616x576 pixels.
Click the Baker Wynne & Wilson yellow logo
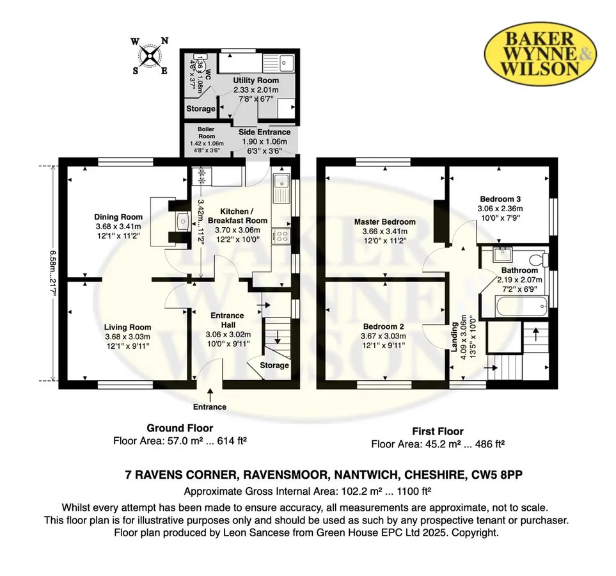(x=540, y=54)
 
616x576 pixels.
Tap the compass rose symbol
(x=150, y=56)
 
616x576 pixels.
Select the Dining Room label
(x=118, y=217)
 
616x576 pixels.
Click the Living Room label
(x=128, y=327)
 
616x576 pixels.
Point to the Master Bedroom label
(x=384, y=221)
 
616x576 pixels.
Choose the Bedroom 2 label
(x=383, y=326)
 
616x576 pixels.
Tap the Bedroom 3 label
(x=500, y=199)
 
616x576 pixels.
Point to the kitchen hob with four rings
(x=281, y=236)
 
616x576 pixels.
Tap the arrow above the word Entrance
(x=210, y=395)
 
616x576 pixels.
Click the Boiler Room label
(x=206, y=132)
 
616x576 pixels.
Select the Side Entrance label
(x=264, y=132)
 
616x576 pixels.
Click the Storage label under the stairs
(x=274, y=365)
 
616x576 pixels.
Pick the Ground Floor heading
(x=180, y=428)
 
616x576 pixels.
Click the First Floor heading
(x=438, y=431)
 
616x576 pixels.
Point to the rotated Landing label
(x=454, y=337)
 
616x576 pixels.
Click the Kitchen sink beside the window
(x=281, y=188)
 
